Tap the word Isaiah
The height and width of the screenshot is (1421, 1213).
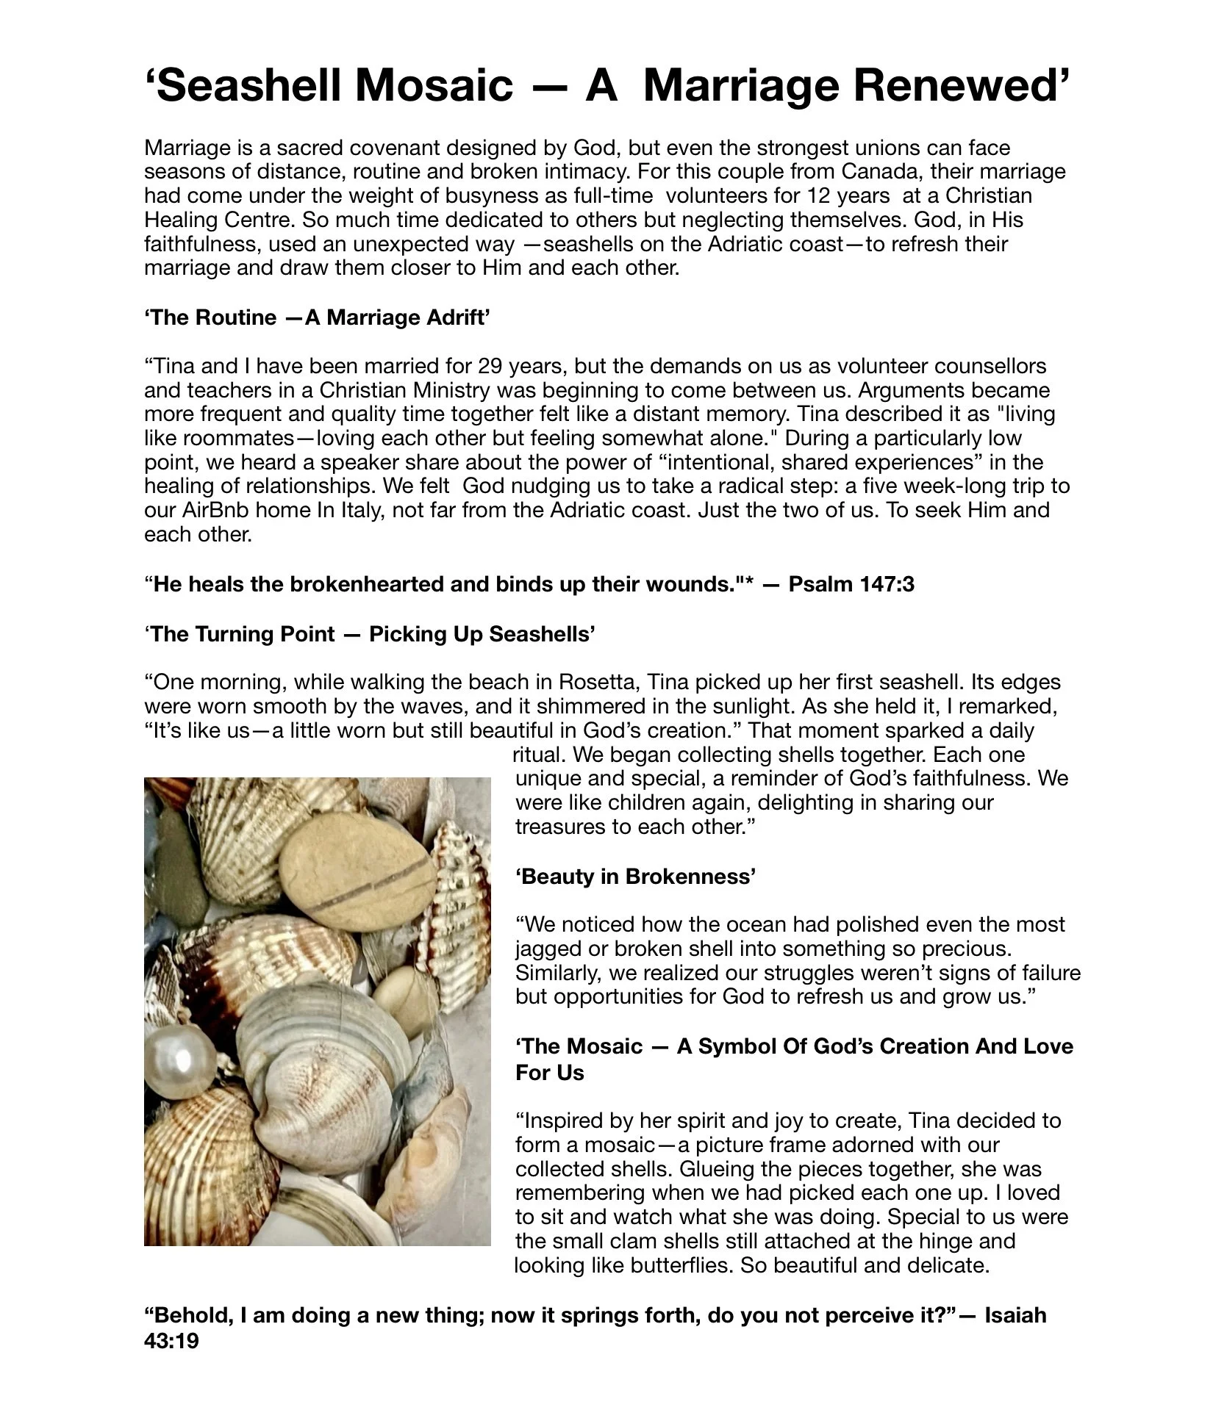pos(1015,1315)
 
